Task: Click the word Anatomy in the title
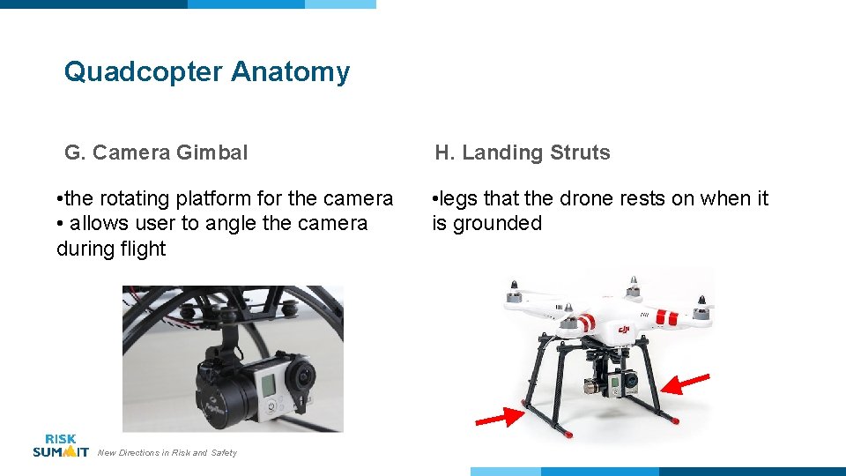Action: pos(291,71)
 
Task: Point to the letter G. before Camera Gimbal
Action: pos(74,152)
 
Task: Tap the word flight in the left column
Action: pos(138,249)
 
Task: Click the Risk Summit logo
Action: pos(60,446)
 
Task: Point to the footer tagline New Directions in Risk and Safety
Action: pos(167,453)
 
